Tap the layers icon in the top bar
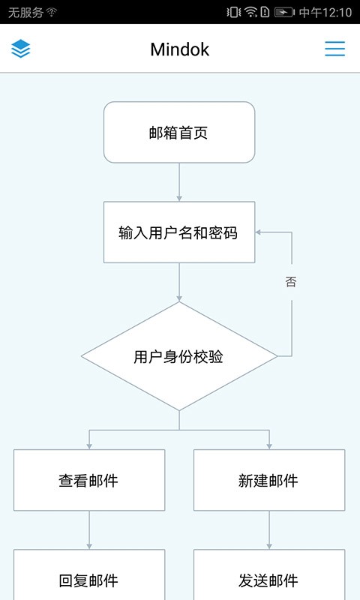(x=21, y=49)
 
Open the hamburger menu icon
(x=334, y=49)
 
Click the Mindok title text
(x=179, y=49)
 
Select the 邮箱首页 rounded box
(x=179, y=133)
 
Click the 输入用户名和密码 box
(x=179, y=232)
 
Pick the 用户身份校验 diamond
(x=179, y=357)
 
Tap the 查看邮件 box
(x=89, y=480)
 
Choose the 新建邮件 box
(x=269, y=480)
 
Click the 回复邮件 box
(x=89, y=579)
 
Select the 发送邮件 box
(x=269, y=579)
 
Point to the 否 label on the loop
(x=291, y=282)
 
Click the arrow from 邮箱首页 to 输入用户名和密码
(x=179, y=181)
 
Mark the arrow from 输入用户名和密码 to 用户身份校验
(x=179, y=282)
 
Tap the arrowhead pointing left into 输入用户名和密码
(x=259, y=232)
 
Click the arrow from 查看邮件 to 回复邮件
(x=89, y=529)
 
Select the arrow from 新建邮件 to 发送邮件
(x=269, y=529)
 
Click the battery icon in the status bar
(x=284, y=12)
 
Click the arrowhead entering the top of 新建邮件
(x=269, y=445)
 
